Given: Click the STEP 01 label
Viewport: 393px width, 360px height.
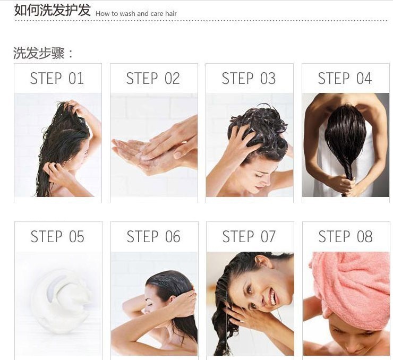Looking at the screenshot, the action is tap(57, 79).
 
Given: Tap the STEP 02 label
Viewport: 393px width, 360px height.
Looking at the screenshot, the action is tap(153, 79).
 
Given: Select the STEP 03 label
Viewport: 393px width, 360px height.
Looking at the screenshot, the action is tap(249, 79).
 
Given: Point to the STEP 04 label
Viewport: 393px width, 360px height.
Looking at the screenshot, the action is tap(345, 79).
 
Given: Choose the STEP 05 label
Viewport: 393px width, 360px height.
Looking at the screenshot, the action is tap(57, 236).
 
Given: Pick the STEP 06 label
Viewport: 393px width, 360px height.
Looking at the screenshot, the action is tap(153, 236).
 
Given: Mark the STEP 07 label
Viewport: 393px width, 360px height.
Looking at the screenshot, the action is tap(249, 236).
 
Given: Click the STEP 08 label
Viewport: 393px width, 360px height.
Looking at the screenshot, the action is tap(345, 236).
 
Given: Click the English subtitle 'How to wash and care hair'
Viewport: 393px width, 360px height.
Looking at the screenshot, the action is tap(136, 13).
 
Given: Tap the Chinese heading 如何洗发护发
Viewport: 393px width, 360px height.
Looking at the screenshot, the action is tap(52, 10).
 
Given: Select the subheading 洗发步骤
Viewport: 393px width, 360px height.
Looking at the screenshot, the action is tap(42, 53).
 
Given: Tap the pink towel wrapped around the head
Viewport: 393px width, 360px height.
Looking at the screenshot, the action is tap(351, 286).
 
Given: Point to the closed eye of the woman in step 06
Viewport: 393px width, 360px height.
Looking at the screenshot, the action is tap(149, 304).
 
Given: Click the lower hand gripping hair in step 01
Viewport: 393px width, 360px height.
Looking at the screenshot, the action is tap(56, 172).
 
